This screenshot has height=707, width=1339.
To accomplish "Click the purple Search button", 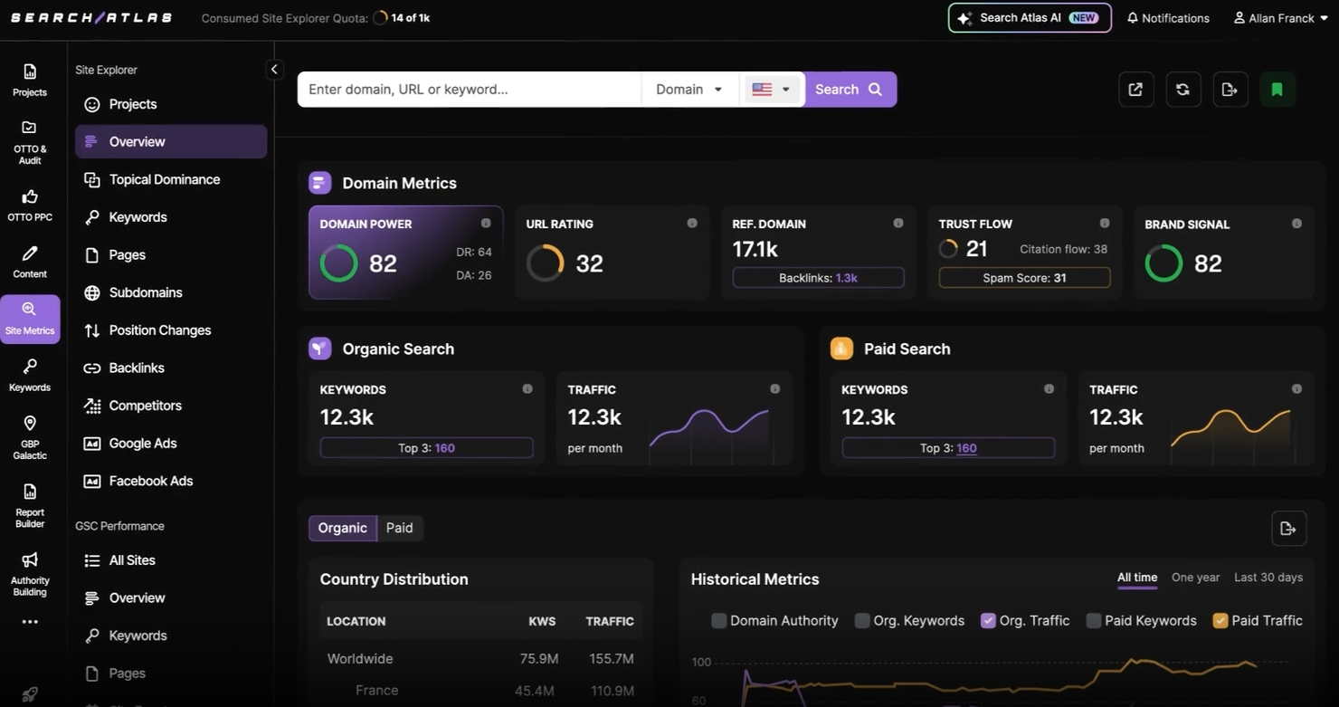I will tap(849, 90).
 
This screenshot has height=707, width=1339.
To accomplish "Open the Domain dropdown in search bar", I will tap(689, 90).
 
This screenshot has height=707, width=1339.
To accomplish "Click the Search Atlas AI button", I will tap(1030, 18).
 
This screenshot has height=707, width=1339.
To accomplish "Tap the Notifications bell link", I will tap(1168, 18).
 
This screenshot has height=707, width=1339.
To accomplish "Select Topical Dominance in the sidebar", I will tap(164, 179).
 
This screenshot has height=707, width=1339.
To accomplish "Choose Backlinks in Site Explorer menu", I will tap(137, 368).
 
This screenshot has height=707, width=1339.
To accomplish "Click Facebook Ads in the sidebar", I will tap(150, 481).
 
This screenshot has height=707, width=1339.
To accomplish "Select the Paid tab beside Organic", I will tap(399, 528).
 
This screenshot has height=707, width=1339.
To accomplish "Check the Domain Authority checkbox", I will tap(719, 621).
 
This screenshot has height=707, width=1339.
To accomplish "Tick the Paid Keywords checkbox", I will tap(1094, 621).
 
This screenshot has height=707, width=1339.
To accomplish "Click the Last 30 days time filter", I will tap(1268, 578).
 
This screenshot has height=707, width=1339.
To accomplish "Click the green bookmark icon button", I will tap(1277, 90).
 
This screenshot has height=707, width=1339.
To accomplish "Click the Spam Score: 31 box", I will tap(1024, 278).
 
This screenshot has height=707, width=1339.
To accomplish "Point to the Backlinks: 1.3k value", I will tap(846, 278).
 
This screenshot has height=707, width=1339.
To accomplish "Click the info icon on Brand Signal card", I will tap(1296, 224).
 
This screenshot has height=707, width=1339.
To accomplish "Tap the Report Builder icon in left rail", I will tap(30, 504).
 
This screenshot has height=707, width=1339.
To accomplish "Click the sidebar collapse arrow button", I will tap(274, 70).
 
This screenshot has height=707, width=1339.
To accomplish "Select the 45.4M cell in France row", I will tap(534, 690).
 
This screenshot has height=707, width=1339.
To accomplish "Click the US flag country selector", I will tap(771, 90).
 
